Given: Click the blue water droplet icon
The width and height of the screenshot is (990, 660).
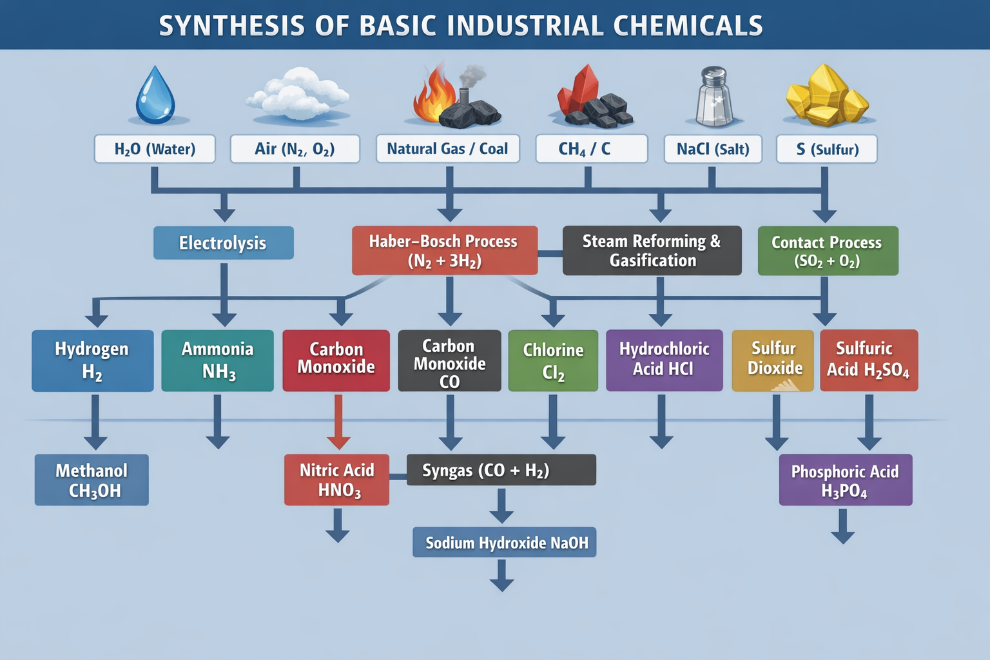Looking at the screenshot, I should [155, 95].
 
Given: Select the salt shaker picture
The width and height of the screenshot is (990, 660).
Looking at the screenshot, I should [713, 97].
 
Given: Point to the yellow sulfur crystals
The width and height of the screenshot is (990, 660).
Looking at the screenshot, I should [826, 95].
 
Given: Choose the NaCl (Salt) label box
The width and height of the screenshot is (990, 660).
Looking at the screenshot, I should [713, 149].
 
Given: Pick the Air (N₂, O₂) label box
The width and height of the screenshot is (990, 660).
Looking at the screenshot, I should [295, 149].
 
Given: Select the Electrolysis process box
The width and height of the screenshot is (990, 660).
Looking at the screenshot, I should [223, 243].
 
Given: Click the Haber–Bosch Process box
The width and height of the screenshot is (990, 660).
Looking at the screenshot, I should [444, 251].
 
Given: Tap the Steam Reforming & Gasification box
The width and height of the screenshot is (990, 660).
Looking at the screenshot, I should [652, 251].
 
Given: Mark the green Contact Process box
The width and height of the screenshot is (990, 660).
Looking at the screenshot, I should [828, 251].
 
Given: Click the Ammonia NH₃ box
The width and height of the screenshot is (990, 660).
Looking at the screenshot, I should [217, 360].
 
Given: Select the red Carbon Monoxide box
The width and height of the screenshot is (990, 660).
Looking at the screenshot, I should [336, 360].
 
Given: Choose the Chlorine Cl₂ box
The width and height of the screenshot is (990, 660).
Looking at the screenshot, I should [553, 360].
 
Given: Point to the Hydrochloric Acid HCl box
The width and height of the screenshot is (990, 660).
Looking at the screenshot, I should [664, 360].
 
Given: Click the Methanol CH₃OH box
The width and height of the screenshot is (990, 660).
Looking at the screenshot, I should [92, 480].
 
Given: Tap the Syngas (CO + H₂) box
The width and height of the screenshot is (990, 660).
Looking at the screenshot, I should [501, 470].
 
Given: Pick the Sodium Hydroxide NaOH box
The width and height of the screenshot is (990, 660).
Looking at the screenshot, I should [505, 543].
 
